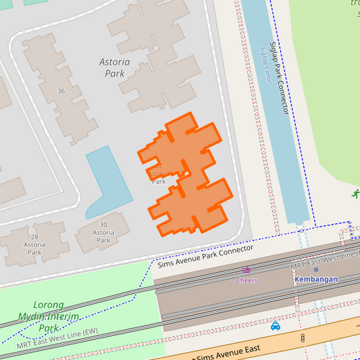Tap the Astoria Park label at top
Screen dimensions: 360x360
click(x=114, y=68)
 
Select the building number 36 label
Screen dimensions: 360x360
click(x=61, y=91)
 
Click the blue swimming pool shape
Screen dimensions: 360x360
click(x=105, y=179)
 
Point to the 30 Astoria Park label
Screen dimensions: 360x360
click(x=103, y=232)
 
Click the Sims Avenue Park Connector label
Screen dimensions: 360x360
click(x=205, y=256)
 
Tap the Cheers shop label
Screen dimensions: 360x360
click(x=247, y=280)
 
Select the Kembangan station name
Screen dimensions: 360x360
click(x=315, y=279)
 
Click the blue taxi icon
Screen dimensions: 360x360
click(x=276, y=326)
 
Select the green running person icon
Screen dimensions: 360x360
click(x=355, y=195)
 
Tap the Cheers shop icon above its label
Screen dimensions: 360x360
click(x=247, y=270)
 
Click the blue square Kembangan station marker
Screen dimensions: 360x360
click(x=315, y=269)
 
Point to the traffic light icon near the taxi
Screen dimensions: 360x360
click(x=303, y=337)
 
